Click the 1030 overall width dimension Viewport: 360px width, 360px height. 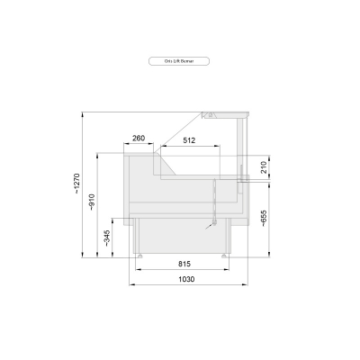point(185,280)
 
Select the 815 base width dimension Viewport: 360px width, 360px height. point(184,263)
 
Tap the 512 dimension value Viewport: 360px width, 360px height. point(189,140)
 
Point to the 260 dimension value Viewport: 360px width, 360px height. point(138,138)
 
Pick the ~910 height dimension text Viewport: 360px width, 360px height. point(93,203)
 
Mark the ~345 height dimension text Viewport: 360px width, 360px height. point(108,238)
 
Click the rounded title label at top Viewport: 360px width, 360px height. point(180,61)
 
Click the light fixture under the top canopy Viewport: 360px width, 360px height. point(208,114)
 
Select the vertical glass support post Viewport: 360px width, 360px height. point(241,144)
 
